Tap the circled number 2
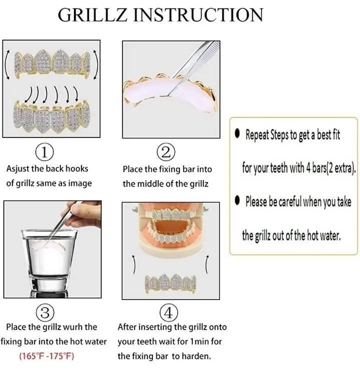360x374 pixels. [166, 151]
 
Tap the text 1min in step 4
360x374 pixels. [197, 342]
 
